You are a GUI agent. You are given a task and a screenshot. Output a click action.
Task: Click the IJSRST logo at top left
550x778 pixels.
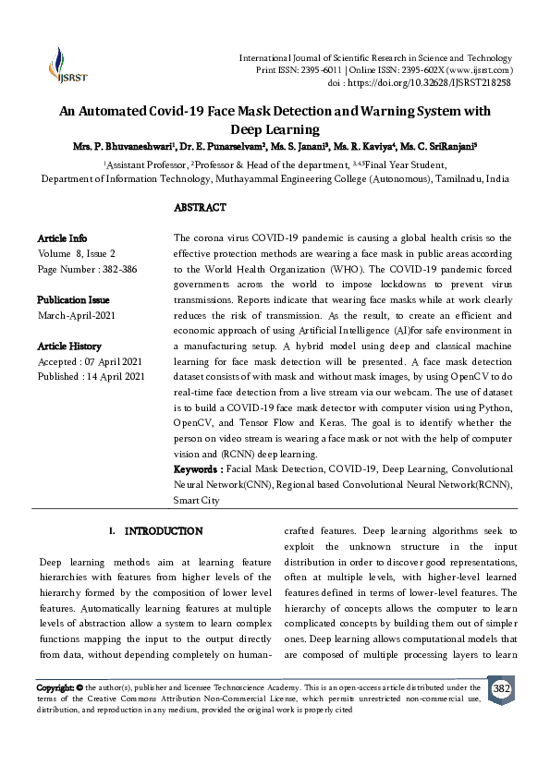pyautogui.click(x=61, y=65)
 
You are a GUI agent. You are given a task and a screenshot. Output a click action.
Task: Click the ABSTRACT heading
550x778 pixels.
pyautogui.click(x=200, y=209)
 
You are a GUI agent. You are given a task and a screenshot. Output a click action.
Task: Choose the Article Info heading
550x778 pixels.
pyautogui.click(x=62, y=237)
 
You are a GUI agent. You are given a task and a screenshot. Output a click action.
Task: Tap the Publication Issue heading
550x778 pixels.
pyautogui.click(x=73, y=299)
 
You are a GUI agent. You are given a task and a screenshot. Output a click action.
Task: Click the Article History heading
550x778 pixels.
pyautogui.click(x=71, y=346)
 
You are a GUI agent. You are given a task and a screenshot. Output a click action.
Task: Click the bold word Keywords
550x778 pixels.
pyautogui.click(x=198, y=470)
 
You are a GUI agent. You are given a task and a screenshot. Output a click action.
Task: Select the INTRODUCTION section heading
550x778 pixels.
pyautogui.click(x=163, y=531)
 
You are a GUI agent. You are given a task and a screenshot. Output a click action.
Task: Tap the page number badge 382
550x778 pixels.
pyautogui.click(x=501, y=689)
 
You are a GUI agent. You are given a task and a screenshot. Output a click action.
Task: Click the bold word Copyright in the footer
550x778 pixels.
pyautogui.click(x=55, y=688)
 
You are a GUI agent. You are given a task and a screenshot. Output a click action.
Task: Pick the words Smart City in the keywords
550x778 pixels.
pyautogui.click(x=197, y=500)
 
